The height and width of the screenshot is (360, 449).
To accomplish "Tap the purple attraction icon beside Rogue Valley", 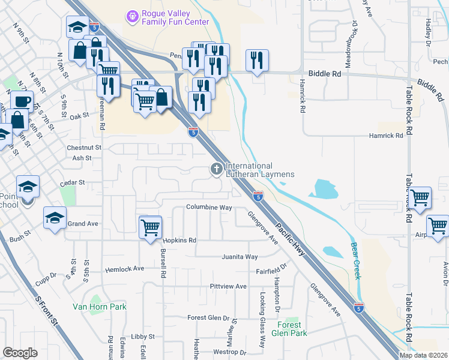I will click(x=131, y=14).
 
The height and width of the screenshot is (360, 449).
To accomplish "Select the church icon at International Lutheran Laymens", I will click(x=216, y=170).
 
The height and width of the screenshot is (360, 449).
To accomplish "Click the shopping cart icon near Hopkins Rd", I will click(x=150, y=227).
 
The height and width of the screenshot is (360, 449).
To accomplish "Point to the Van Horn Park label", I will click(x=100, y=307).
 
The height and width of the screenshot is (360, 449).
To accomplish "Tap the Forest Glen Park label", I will click(x=289, y=329).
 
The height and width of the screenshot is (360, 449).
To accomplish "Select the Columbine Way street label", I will click(x=209, y=208).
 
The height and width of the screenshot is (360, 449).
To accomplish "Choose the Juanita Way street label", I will click(x=240, y=257).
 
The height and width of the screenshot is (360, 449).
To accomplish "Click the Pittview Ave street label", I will click(x=229, y=287).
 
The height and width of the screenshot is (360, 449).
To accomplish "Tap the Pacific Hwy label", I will click(x=291, y=240).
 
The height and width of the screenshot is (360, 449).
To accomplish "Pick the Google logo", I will click(x=20, y=353).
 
